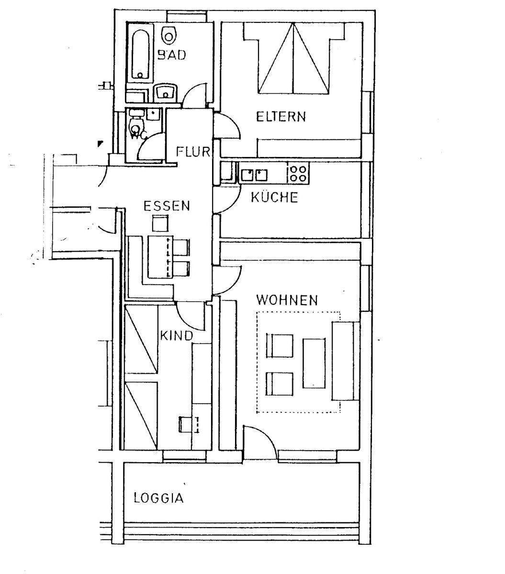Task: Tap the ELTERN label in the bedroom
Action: pos(281,116)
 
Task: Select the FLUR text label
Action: pos(193,152)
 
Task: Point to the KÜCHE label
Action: pos(274,197)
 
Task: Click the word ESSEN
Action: pos(167,206)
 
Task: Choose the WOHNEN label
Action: pos(287,300)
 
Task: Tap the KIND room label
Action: pos(176,335)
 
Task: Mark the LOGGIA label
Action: pos(158,498)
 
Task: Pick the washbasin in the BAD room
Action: pos(167,91)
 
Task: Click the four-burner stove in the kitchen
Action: pos(298,173)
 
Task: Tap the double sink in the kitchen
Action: pos(254,174)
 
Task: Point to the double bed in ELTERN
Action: pos(293,60)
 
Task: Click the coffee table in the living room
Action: pos(313,363)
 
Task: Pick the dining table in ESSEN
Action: pos(158,256)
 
